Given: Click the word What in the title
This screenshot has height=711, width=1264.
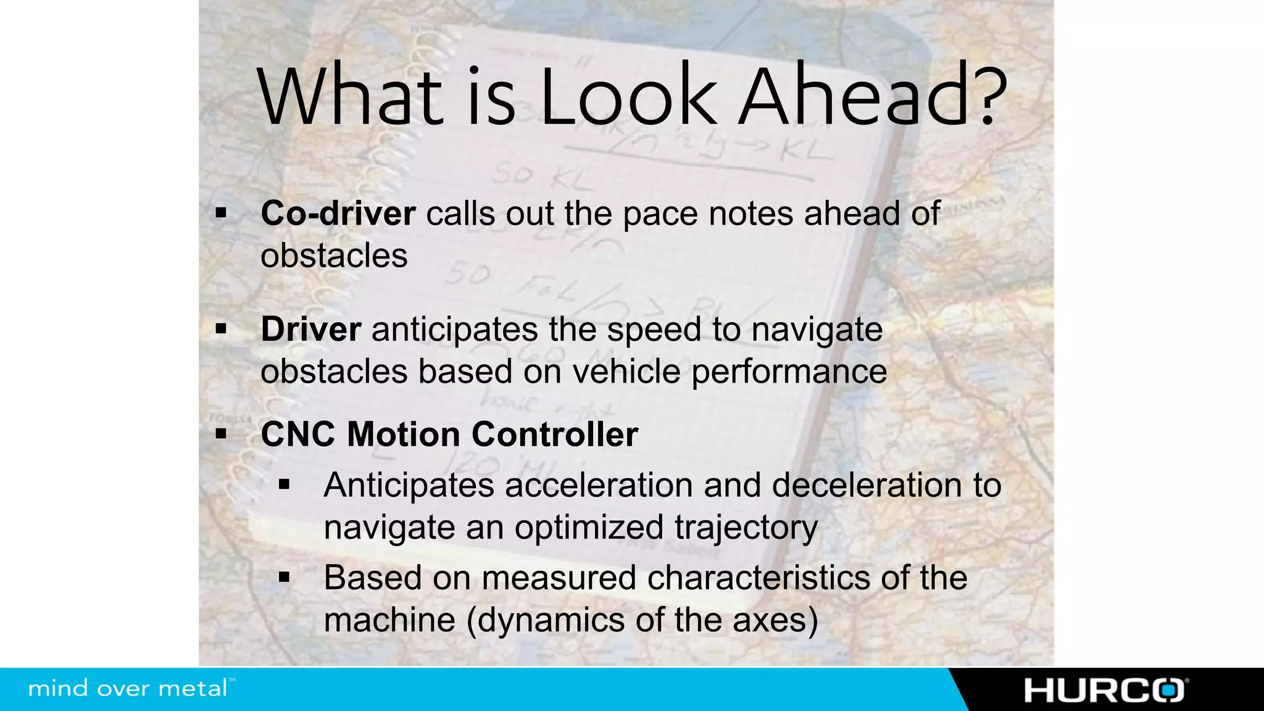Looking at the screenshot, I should point(350,96).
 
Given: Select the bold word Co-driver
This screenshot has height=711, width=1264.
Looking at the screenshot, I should point(338,214).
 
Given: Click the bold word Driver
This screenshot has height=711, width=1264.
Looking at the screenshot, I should point(310,329).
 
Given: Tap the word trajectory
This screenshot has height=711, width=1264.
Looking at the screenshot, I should point(746,528).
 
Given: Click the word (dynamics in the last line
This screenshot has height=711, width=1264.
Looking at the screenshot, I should point(546,620).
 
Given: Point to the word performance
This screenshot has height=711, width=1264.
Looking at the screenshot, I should point(789,372).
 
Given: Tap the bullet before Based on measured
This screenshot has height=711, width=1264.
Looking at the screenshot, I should point(284,578).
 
